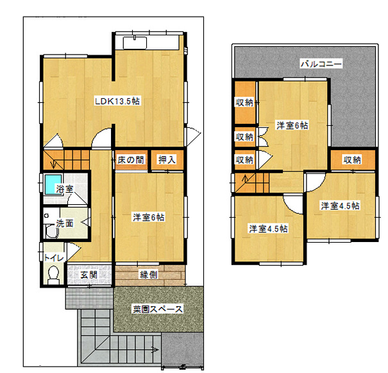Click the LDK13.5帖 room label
(x=117, y=101)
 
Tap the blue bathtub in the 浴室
(x=53, y=184)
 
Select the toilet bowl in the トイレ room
(x=53, y=274)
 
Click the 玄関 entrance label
(x=89, y=274)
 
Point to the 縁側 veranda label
(x=149, y=274)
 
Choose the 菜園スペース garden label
(x=158, y=309)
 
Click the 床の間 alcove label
(x=130, y=160)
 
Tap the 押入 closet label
(x=167, y=160)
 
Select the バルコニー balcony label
(x=321, y=64)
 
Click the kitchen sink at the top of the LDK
(x=135, y=43)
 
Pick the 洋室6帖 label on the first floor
(x=149, y=218)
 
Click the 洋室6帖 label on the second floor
(x=292, y=126)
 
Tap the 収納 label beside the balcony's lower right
(x=352, y=160)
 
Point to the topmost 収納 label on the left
(x=244, y=102)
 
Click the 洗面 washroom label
(x=65, y=223)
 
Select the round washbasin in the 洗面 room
(x=52, y=232)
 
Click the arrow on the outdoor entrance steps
(x=155, y=350)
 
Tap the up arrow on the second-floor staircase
(x=245, y=178)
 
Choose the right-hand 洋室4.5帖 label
(x=341, y=206)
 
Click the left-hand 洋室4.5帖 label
(x=268, y=229)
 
